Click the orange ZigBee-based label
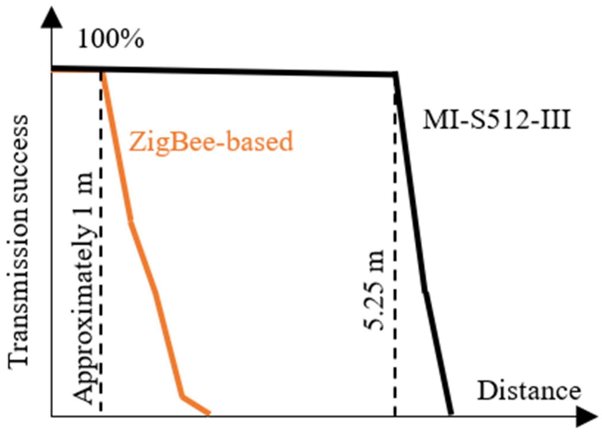(x=211, y=141)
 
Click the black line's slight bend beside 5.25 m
(x=425, y=292)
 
